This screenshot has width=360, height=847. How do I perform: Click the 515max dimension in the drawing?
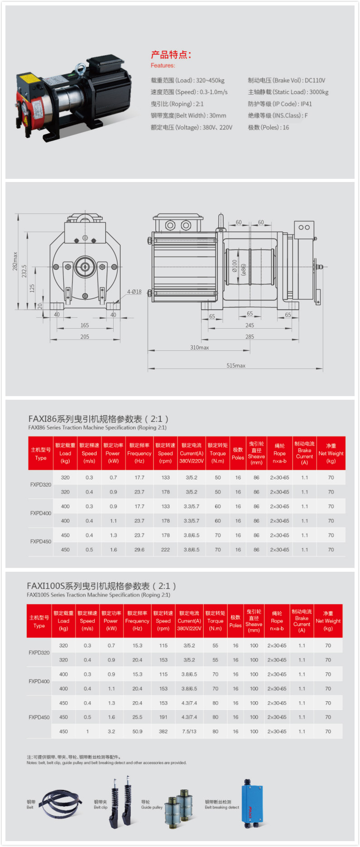[x=236, y=365]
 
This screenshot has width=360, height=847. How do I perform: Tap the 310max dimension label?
[x=200, y=347]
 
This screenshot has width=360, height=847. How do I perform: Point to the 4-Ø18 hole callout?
[x=134, y=292]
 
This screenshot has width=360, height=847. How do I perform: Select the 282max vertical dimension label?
[x=15, y=262]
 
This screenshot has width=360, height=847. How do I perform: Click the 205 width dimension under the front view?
[x=85, y=336]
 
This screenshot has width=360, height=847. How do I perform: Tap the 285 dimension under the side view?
[x=250, y=336]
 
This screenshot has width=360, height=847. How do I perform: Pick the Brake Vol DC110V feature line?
[x=287, y=80]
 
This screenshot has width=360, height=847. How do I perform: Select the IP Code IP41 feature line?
[x=280, y=104]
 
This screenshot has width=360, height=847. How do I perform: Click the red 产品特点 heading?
[x=171, y=55]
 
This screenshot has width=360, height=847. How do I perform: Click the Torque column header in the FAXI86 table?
[x=218, y=453]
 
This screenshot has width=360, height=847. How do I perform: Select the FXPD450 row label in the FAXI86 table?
[x=41, y=541]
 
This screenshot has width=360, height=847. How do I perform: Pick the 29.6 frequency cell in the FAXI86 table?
[x=139, y=550]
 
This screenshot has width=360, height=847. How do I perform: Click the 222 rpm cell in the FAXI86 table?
[x=166, y=550]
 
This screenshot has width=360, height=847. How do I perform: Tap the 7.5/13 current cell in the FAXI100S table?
[x=189, y=731]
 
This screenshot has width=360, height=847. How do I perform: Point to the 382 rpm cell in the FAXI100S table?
[x=163, y=731]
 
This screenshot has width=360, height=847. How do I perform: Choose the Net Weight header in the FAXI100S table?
[x=328, y=621]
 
